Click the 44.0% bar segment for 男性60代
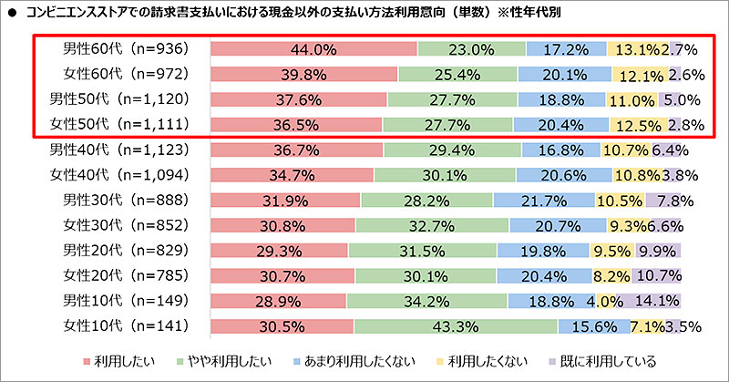(x=313, y=49)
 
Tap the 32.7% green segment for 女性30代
(x=432, y=224)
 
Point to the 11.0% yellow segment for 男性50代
(x=631, y=99)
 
